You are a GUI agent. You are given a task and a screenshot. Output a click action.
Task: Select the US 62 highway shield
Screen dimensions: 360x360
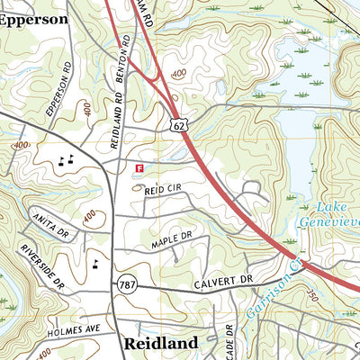coord(176,129)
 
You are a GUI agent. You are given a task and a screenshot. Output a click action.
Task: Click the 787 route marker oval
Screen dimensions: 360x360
coord(127,284)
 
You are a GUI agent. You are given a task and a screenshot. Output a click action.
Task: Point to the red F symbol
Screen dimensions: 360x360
coord(139,167)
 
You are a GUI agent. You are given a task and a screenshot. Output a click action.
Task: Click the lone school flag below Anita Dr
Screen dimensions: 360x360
coord(95,264)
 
